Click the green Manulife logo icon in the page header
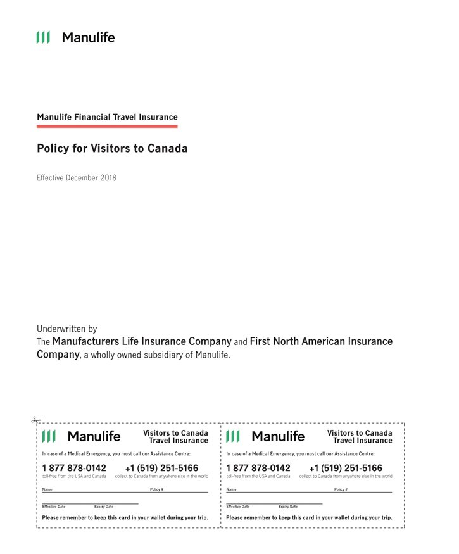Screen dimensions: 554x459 43,37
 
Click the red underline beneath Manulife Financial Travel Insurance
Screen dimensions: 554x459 107,126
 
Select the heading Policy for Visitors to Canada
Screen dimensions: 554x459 112,149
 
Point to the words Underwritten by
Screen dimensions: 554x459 67,329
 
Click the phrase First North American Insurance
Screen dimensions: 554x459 321,341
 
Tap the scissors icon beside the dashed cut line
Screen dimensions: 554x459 36,420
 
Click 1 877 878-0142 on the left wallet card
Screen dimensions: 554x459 74,468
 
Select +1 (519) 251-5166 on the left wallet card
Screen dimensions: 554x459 161,468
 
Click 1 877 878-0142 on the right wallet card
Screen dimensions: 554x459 258,468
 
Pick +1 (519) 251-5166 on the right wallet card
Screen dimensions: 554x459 346,468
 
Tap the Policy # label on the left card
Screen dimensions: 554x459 156,489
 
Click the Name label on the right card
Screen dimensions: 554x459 231,489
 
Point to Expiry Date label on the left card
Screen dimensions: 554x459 104,507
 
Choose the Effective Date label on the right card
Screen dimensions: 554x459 237,507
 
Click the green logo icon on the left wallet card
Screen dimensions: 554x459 49,436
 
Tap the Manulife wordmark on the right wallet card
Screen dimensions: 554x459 278,436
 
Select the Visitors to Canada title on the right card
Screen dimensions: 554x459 360,433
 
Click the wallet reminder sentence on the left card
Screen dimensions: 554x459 125,517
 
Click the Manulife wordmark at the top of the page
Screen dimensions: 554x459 88,37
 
